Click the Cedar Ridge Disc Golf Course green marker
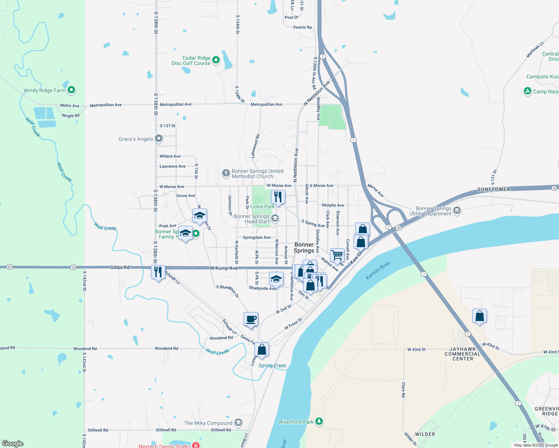coord(216,60)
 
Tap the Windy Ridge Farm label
coord(44,90)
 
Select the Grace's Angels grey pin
coord(159,139)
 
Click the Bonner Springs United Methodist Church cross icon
coord(226,173)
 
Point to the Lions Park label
coord(262,206)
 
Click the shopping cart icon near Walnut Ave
coord(337,255)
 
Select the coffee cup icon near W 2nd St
coord(251,319)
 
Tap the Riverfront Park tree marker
coord(319,421)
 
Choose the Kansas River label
coord(378,270)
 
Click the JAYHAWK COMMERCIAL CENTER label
coord(463,354)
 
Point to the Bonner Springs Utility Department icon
coord(457,211)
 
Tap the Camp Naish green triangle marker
coord(527,91)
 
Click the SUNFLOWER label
coord(493,189)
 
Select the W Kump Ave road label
coord(223,268)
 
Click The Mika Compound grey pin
coord(238,423)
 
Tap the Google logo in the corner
coord(12,444)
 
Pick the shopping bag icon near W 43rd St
coord(479,316)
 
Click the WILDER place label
coord(425,434)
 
